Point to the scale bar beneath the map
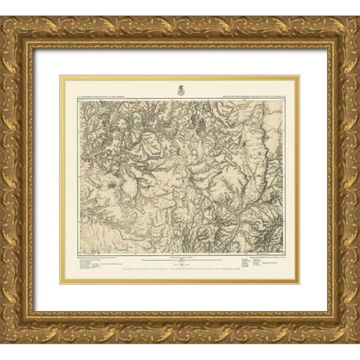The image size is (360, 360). tap(180, 260)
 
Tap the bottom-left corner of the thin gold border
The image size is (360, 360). tap(61, 283)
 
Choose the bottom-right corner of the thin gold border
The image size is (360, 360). tap(298, 283)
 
